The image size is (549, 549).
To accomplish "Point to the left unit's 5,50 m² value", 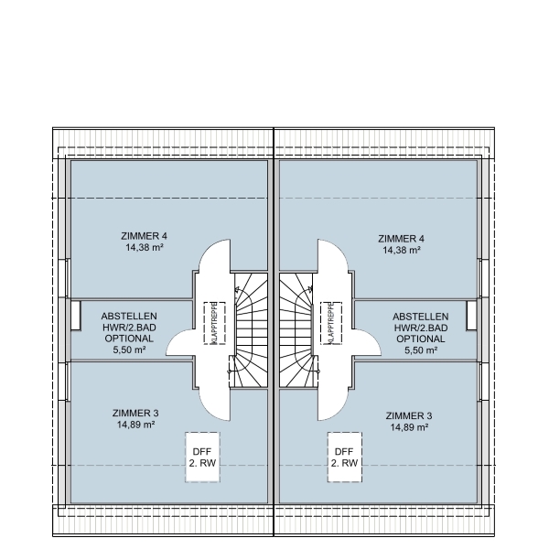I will click(128, 350).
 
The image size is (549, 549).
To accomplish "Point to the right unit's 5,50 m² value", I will click(421, 350).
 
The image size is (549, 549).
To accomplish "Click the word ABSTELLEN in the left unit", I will click(128, 316).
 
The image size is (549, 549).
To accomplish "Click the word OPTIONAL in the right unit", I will click(421, 339).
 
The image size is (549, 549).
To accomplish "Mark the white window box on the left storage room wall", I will click(75, 316).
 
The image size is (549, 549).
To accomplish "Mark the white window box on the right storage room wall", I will click(471, 315).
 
